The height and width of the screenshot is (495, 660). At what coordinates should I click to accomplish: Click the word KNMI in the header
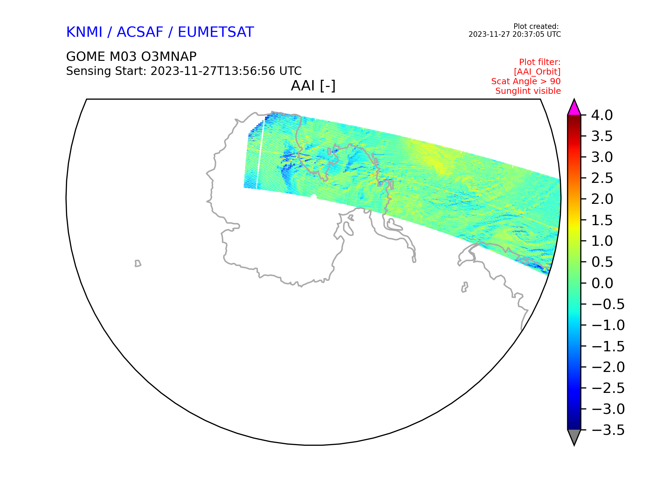coord(84,32)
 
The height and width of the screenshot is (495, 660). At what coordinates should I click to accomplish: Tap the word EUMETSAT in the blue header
coord(216,32)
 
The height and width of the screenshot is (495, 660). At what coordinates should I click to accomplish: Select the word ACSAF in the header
coord(140,32)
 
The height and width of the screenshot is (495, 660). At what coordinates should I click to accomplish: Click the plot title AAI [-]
coord(313,86)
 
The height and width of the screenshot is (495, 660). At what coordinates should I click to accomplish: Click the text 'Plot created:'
coord(536,26)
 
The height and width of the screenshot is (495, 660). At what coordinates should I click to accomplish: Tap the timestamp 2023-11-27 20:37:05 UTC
coord(515,34)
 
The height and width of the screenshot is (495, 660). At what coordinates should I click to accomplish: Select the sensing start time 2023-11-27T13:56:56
coord(213,71)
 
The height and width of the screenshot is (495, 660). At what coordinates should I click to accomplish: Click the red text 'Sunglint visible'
coord(528,91)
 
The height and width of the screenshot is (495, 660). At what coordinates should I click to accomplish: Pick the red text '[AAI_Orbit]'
coord(537,72)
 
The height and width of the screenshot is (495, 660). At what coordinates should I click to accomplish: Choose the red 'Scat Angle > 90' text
coord(526,81)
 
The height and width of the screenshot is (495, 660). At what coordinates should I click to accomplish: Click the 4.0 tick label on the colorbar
coord(602,115)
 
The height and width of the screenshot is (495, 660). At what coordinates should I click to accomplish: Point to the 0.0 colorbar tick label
coord(602,283)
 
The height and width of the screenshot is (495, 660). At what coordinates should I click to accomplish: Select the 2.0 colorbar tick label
coord(602,199)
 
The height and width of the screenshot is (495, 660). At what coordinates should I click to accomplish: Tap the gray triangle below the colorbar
coord(574,436)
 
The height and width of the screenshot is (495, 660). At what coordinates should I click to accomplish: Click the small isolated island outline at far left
coord(137,264)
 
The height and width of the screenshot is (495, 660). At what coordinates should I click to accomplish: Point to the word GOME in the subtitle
coord(86,56)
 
